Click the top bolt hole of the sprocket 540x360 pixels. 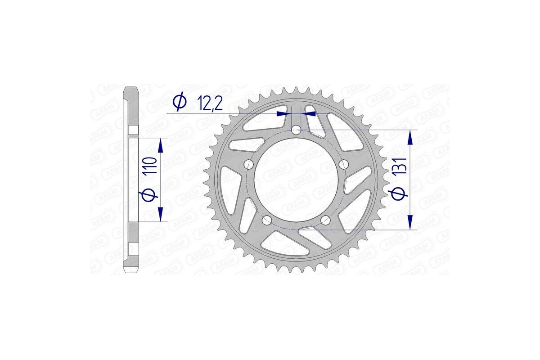tap(296, 130)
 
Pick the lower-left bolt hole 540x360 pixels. tap(266, 220)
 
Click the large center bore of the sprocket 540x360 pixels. tap(296, 180)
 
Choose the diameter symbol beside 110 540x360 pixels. tap(150, 195)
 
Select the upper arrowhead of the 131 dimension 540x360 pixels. tap(410, 137)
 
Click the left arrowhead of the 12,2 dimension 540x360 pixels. tap(283, 114)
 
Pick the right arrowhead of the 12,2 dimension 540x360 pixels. tap(308, 114)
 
